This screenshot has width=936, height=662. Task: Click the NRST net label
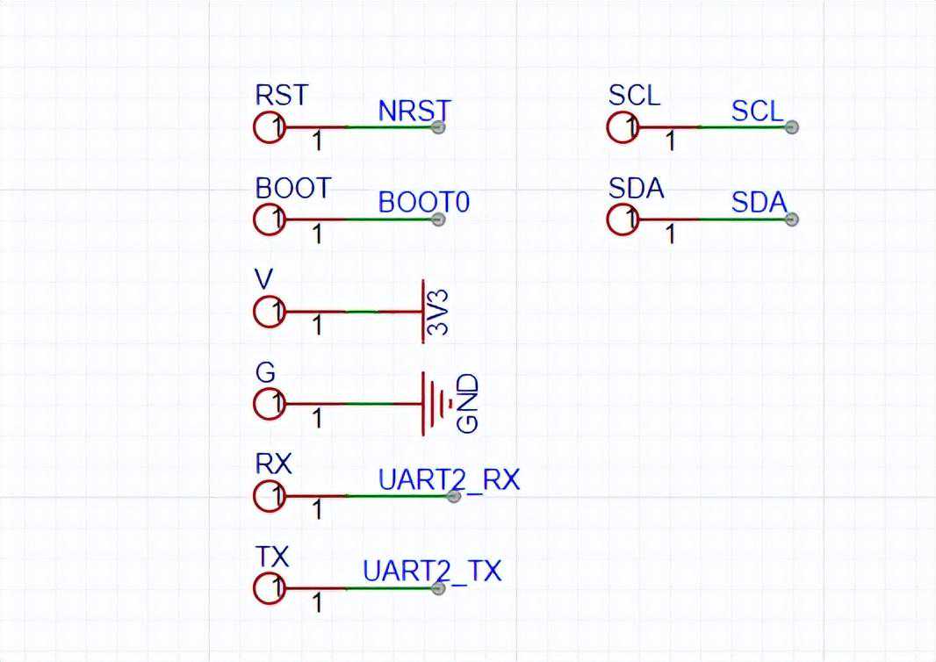[414, 111]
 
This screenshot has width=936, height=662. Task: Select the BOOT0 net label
[423, 202]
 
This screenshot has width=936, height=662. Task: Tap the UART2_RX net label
[449, 479]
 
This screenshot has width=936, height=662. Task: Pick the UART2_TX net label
[431, 572]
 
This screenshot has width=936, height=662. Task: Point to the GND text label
[469, 403]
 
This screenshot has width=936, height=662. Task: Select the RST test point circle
[270, 127]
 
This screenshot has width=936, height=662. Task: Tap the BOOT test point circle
[270, 219]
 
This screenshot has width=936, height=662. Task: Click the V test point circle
[270, 312]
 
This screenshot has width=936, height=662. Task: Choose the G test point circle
[270, 404]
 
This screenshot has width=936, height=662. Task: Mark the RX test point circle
[270, 496]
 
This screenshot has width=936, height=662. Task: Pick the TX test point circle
[270, 588]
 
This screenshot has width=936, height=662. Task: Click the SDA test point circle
[623, 219]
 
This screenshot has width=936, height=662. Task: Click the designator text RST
[281, 95]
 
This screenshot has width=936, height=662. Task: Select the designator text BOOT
[293, 188]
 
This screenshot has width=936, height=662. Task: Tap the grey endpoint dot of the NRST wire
[438, 127]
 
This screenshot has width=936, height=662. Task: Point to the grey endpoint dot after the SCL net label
[791, 127]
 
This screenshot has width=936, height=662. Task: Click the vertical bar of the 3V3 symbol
[423, 312]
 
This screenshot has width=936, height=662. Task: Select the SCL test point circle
[623, 127]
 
